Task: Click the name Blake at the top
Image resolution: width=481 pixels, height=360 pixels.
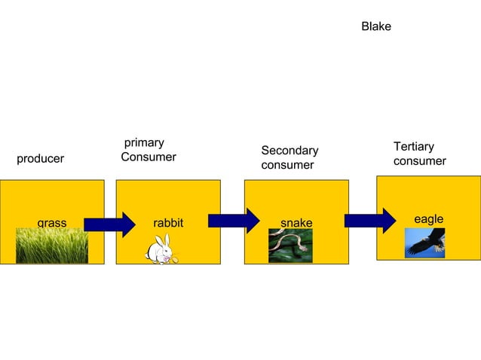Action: [375, 27]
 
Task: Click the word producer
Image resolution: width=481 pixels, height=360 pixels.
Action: [40, 159]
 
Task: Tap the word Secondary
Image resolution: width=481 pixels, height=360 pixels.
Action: [290, 151]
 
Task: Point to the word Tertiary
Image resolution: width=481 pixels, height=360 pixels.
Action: [413, 146]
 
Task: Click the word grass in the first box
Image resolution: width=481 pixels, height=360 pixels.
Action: [51, 223]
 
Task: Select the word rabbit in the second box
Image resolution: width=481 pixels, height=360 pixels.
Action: [168, 223]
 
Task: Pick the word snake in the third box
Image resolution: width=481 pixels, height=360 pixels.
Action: [296, 223]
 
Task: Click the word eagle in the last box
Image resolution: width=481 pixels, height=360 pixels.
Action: [428, 218]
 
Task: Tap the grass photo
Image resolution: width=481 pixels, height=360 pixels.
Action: [51, 246]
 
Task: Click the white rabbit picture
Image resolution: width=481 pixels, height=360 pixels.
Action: [162, 252]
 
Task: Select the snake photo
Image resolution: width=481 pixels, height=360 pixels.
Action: [290, 246]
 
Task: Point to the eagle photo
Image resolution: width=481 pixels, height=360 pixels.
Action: [424, 243]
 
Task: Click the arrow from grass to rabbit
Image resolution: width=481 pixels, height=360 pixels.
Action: [109, 224]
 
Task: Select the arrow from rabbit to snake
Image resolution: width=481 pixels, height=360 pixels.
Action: [234, 221]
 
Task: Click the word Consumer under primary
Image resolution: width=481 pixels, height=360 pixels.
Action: [149, 157]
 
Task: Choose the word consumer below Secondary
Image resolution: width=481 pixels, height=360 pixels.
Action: [287, 165]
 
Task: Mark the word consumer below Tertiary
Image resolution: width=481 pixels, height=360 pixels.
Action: [419, 161]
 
